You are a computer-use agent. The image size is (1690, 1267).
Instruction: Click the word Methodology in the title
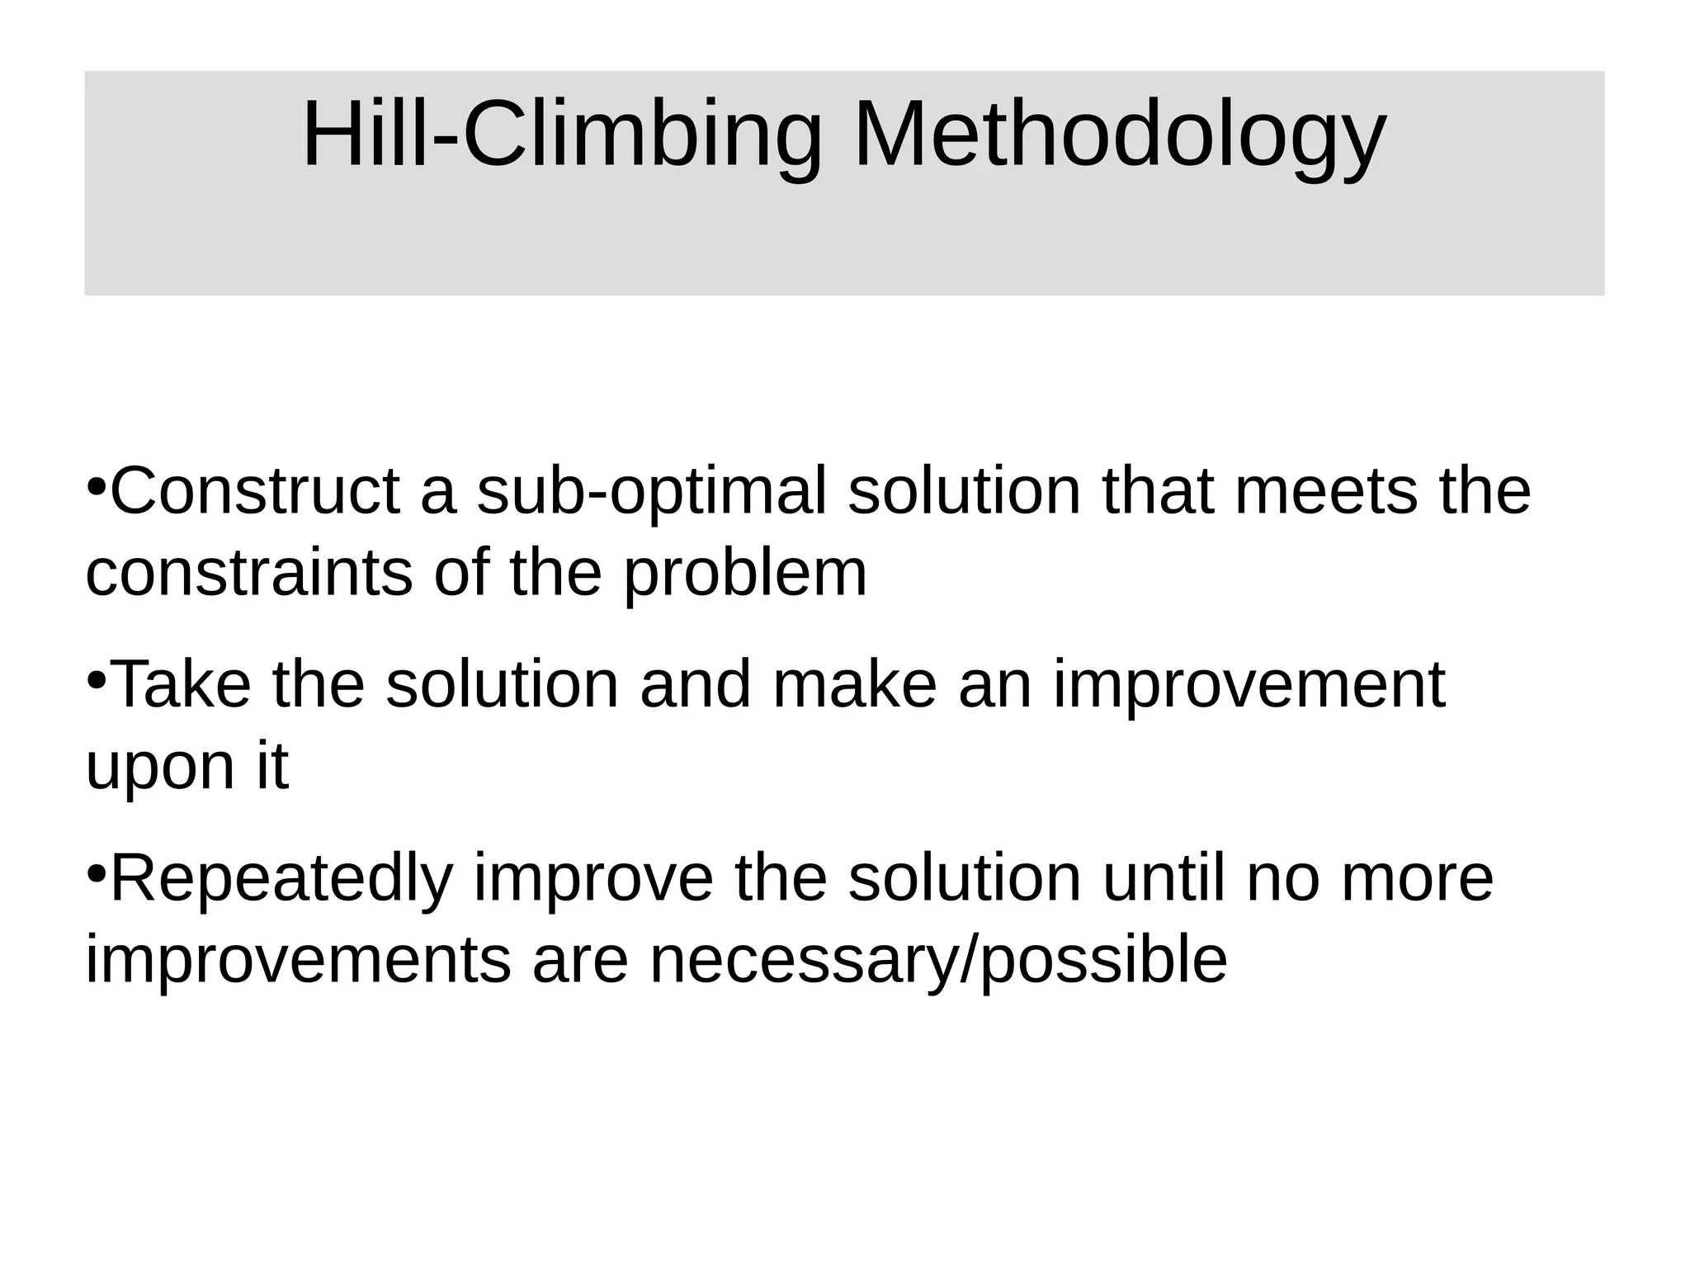click(x=1119, y=136)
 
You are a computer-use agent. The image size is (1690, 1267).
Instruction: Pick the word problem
click(x=745, y=575)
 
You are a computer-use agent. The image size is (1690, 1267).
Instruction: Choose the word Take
click(x=181, y=684)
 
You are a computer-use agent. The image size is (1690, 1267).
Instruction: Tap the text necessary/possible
click(x=938, y=962)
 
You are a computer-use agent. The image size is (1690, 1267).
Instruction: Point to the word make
click(x=855, y=684)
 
